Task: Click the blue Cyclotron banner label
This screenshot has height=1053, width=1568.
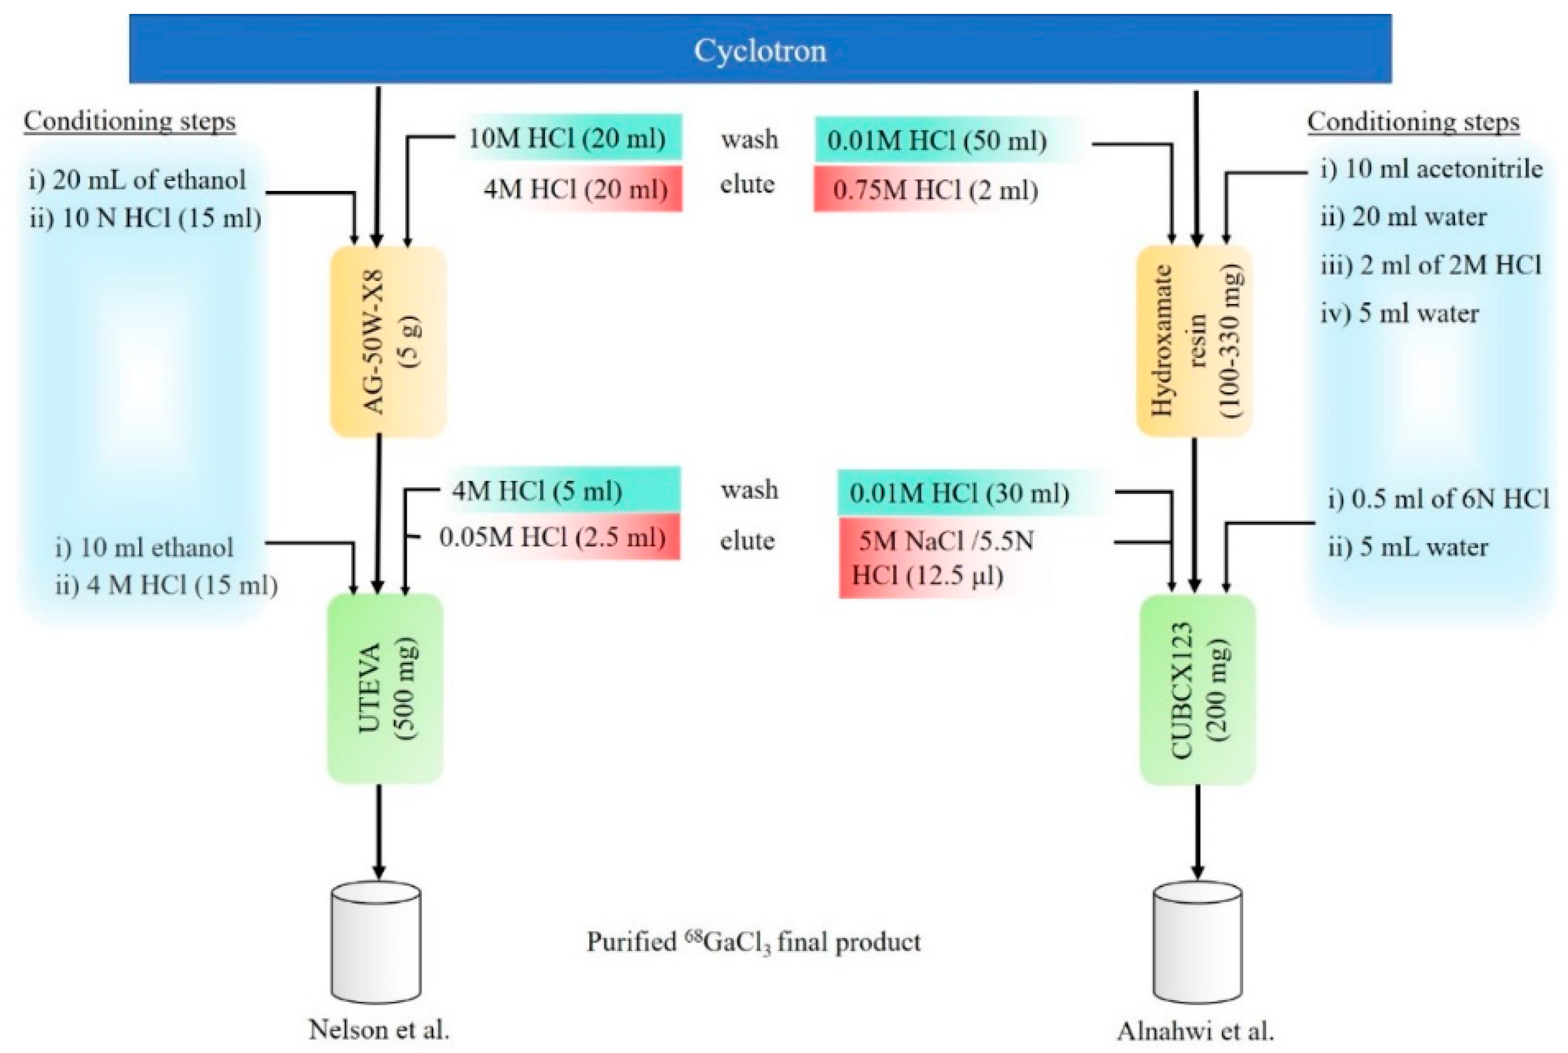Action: [760, 50]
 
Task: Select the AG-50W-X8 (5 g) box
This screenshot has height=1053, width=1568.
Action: [388, 341]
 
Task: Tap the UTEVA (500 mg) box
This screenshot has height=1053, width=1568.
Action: [385, 688]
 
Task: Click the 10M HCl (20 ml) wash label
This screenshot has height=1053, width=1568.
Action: [567, 138]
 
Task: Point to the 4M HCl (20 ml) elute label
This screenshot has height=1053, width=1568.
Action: [576, 190]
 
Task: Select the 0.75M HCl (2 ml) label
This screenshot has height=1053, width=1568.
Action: [935, 191]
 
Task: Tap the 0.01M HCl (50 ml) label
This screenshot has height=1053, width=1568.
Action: [936, 140]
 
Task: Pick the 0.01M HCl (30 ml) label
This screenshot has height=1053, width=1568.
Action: [958, 493]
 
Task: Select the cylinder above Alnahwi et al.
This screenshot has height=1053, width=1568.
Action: [1197, 944]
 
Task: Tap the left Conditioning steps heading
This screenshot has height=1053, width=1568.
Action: [130, 121]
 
